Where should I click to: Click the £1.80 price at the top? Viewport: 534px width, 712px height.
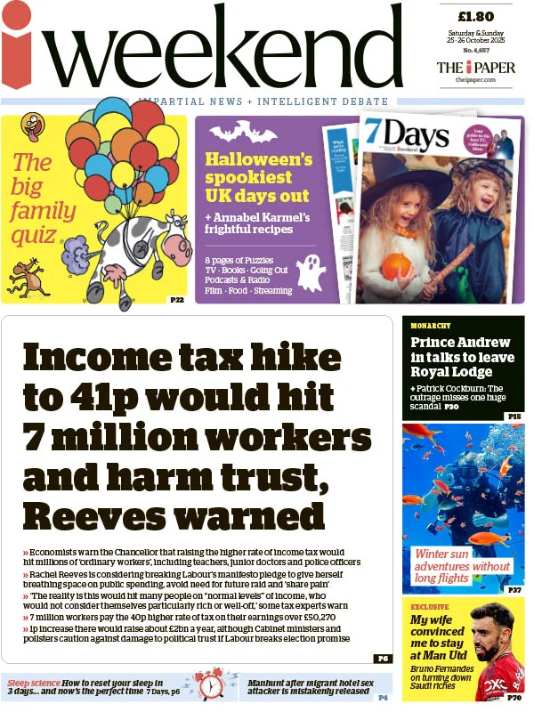(475, 16)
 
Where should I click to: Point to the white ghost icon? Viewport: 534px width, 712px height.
(311, 272)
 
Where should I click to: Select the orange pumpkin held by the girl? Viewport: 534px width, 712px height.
(397, 265)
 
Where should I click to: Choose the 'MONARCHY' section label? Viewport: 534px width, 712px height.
(431, 326)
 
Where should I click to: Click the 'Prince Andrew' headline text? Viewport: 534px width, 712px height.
(461, 342)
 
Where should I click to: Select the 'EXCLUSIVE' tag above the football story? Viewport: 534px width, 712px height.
(430, 607)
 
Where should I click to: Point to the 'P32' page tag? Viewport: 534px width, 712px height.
(176, 300)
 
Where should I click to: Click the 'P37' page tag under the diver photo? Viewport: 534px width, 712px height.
(514, 590)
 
